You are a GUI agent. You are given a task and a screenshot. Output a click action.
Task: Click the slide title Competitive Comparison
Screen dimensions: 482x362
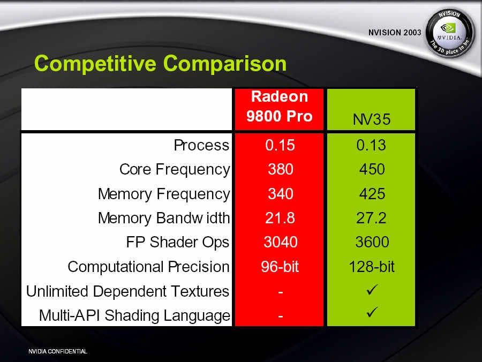160,64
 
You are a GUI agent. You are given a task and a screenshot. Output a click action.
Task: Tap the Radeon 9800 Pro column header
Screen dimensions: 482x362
280,107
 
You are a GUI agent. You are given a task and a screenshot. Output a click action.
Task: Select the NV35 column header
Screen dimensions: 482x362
371,119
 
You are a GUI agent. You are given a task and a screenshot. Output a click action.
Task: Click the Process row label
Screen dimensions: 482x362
201,145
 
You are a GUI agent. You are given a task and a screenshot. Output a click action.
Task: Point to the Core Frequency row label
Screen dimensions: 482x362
175,170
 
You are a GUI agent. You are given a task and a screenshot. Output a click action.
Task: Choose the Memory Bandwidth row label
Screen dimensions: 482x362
164,218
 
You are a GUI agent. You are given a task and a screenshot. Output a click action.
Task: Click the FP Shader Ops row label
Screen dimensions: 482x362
178,243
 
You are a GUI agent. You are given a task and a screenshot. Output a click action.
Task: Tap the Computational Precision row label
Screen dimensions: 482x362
149,267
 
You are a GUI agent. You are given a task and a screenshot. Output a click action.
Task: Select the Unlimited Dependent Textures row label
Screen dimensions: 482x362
128,291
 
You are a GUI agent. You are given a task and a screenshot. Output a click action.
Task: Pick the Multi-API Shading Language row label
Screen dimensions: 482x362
134,315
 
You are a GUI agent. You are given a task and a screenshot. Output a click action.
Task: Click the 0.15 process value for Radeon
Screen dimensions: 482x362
280,145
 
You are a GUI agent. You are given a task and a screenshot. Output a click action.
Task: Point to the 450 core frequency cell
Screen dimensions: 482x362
372,169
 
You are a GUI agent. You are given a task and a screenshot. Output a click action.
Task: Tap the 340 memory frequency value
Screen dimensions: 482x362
280,194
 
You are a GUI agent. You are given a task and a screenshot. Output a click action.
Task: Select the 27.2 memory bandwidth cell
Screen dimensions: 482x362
371,218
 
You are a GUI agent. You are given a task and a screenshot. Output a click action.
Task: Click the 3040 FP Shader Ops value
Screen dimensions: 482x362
280,242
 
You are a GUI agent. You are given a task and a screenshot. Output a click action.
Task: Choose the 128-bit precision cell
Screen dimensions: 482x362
372,267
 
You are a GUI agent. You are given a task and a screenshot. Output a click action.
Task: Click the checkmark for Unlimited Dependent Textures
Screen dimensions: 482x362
372,290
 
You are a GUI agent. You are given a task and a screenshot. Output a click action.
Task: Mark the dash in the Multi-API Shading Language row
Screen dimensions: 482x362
280,316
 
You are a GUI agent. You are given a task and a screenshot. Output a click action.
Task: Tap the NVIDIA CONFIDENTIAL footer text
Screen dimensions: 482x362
58,351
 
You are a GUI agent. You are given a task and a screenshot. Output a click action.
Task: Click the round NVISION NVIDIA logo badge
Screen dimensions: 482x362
450,33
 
